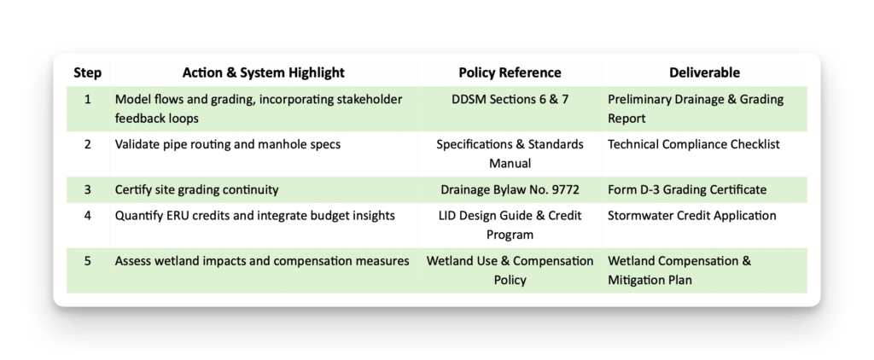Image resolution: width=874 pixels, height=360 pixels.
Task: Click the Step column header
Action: click(88, 73)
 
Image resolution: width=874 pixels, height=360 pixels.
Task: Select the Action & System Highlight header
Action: click(264, 73)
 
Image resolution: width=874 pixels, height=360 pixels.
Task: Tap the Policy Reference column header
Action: click(510, 73)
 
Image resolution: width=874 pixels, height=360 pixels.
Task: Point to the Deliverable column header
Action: click(704, 73)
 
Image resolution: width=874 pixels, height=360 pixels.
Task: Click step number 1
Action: click(88, 100)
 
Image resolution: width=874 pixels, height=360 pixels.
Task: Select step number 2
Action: click(88, 144)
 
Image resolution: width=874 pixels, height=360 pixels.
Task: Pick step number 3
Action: click(88, 189)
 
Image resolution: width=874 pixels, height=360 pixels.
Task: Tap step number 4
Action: click(88, 215)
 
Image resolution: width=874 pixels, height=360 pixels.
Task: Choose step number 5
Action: click(88, 260)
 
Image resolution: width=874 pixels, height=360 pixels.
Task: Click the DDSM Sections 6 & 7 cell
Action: click(510, 100)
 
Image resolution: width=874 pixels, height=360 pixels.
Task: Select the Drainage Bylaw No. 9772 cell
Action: click(510, 189)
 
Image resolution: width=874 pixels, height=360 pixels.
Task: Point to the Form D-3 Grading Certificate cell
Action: click(687, 189)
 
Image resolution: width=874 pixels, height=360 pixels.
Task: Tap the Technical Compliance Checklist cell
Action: click(693, 144)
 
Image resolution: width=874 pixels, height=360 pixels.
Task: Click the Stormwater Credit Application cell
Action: click(691, 215)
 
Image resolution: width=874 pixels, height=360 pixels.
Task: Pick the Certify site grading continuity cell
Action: click(196, 189)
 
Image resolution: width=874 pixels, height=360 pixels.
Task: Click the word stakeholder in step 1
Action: click(370, 100)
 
